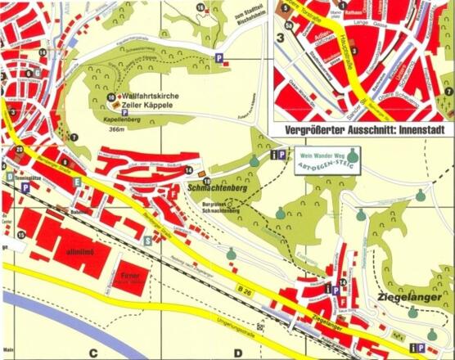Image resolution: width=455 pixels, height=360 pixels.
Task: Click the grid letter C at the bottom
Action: [94, 353]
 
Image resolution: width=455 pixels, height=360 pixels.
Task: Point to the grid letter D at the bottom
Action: [237, 353]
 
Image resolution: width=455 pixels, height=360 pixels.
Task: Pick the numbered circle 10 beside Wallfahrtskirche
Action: [111, 97]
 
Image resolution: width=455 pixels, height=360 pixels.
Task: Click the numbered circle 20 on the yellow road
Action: [19, 150]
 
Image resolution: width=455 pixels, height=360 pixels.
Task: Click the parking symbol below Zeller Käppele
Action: [124, 114]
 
